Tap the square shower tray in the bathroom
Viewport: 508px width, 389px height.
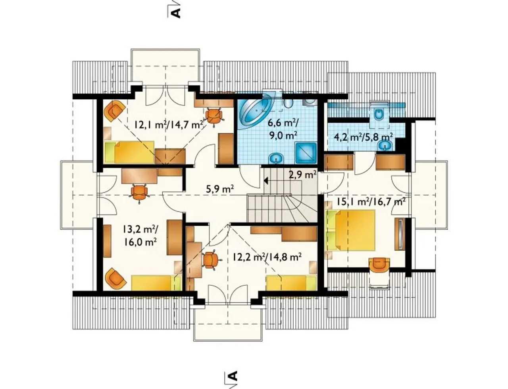306,153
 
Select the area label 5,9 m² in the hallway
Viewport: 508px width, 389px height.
219,189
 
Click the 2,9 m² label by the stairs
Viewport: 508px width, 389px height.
302,174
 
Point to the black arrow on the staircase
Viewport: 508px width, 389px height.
266,180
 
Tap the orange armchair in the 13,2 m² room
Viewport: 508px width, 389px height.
115,278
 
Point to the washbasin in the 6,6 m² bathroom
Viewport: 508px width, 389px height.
276,158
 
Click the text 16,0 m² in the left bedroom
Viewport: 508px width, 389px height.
140,242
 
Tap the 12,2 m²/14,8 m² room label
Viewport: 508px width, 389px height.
267,257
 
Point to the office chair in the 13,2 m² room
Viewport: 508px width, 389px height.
139,193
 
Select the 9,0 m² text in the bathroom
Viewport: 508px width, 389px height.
283,135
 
